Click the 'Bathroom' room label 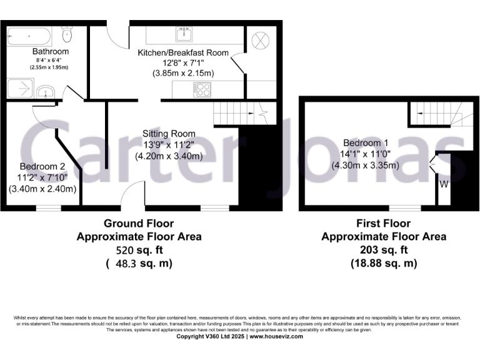51,51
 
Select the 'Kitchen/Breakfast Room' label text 183,52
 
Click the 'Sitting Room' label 169,134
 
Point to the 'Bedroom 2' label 42,166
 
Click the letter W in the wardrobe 444,184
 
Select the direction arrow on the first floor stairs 452,118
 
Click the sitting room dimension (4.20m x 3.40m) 169,156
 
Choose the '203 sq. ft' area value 384,250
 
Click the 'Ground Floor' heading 139,223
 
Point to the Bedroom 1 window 404,207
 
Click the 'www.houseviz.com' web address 276,336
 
